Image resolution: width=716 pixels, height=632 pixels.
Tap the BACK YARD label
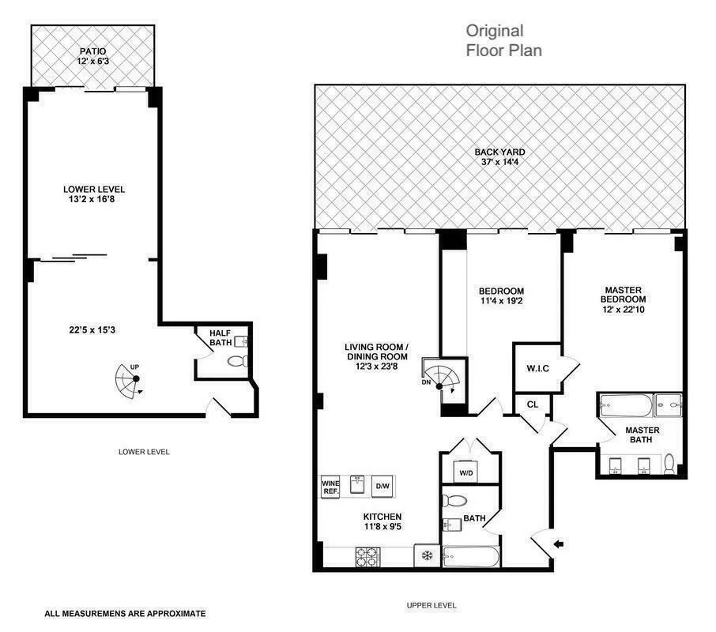[x=499, y=152]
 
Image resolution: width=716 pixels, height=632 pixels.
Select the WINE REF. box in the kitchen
[x=330, y=486]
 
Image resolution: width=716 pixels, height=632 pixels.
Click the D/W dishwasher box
[x=382, y=486]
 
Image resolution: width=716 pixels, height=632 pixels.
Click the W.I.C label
[x=537, y=368]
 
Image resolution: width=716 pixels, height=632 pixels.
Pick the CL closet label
[x=533, y=404]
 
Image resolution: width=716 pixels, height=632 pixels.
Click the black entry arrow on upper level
[x=560, y=543]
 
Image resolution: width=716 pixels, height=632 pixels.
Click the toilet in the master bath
[x=669, y=462]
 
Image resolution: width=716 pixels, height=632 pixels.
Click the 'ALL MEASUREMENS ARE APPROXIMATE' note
[x=125, y=612]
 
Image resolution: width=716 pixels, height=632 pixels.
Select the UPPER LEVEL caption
[x=431, y=605]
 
